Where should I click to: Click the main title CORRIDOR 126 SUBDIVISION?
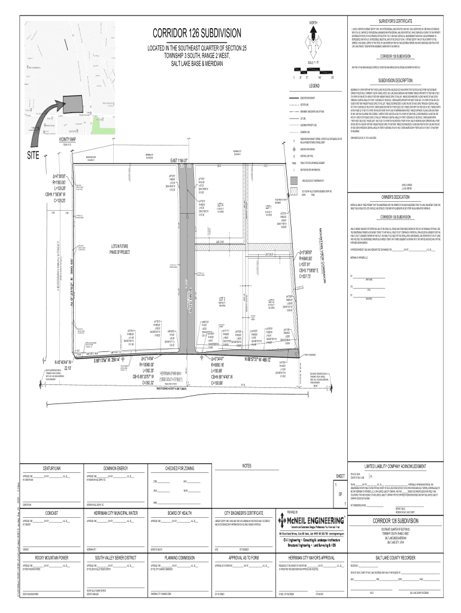[198, 32]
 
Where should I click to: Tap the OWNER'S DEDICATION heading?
[395, 196]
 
